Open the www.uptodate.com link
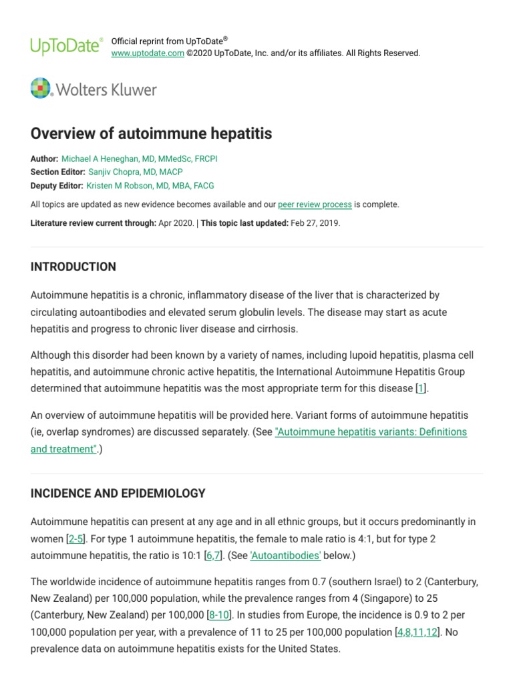(x=147, y=53)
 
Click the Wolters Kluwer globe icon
(x=41, y=89)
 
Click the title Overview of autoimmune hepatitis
(x=151, y=134)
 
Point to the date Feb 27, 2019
(x=315, y=223)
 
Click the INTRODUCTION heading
(x=73, y=267)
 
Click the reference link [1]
(x=420, y=388)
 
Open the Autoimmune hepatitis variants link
(x=371, y=432)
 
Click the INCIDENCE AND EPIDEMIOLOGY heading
(x=118, y=494)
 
